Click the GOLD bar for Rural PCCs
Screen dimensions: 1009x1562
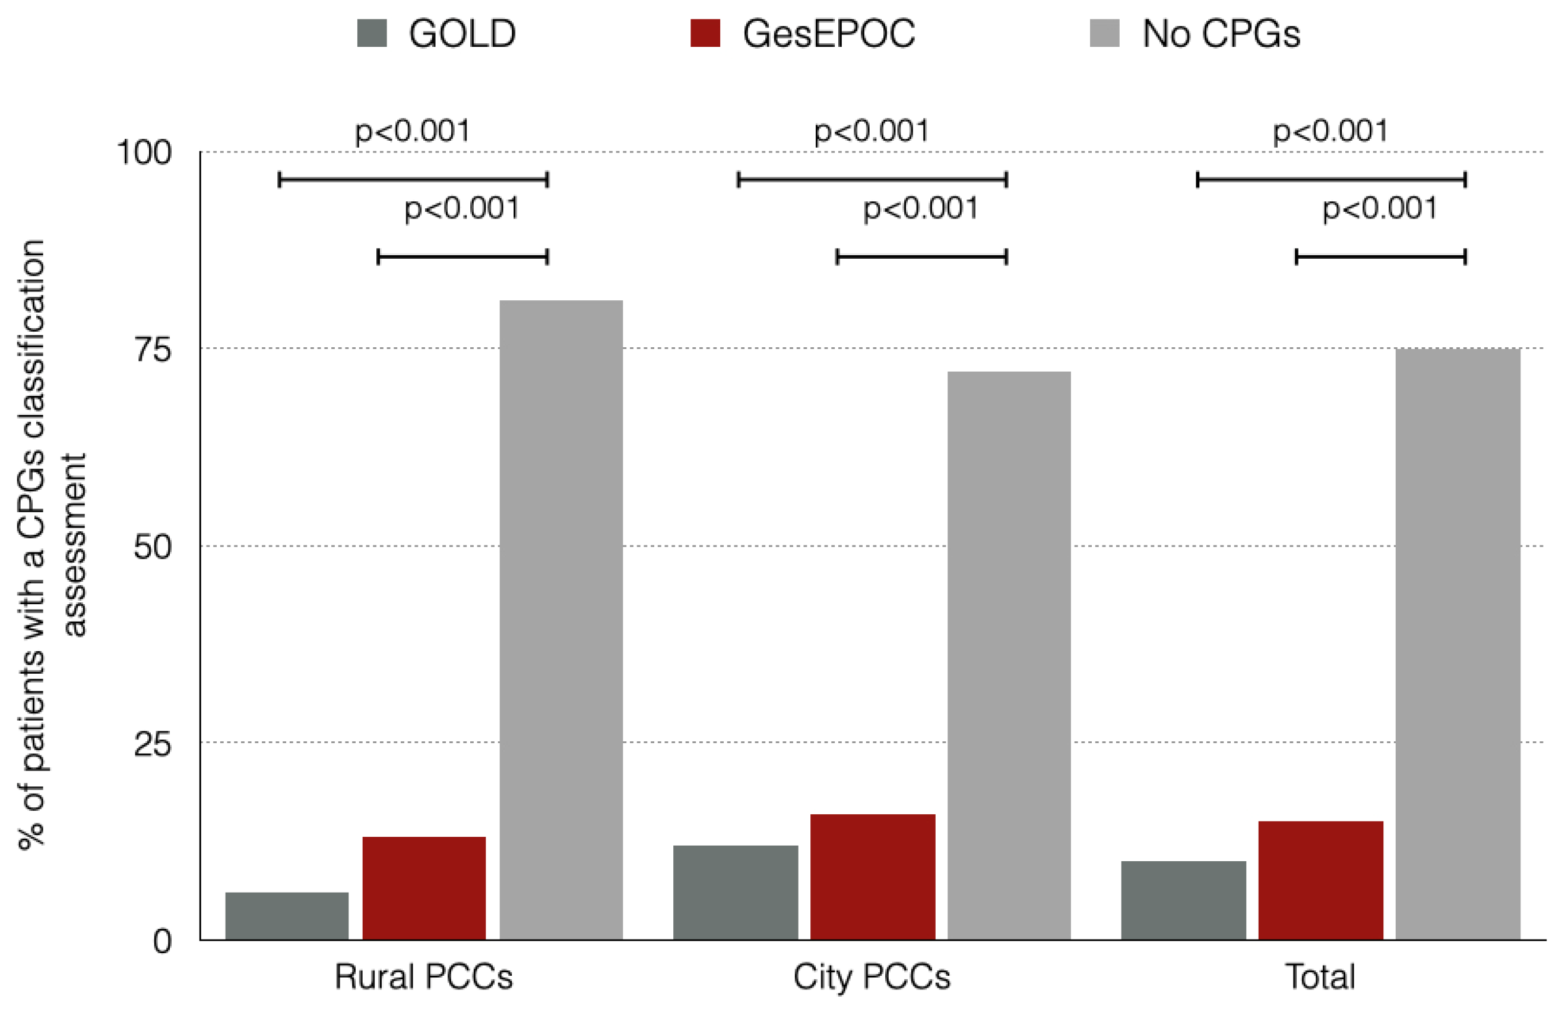pyautogui.click(x=286, y=915)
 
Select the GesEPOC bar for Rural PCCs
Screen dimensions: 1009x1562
pyautogui.click(x=424, y=888)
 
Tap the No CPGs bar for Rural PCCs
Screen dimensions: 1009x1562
pyautogui.click(x=561, y=619)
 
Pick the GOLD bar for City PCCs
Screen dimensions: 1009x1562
pyautogui.click(x=735, y=893)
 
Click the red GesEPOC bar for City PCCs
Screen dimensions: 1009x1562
pyautogui.click(x=872, y=877)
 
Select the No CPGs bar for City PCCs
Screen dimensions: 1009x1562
pyautogui.click(x=1009, y=655)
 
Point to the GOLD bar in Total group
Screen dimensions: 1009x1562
pyautogui.click(x=1183, y=900)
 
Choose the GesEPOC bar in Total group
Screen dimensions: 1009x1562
pyautogui.click(x=1320, y=880)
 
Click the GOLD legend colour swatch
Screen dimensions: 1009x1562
pyautogui.click(x=372, y=33)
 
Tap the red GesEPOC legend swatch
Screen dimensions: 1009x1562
pyautogui.click(x=705, y=33)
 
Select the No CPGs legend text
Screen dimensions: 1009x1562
pyautogui.click(x=1221, y=34)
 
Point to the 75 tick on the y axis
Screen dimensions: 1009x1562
pyautogui.click(x=153, y=350)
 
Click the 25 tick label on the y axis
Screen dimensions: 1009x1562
pyautogui.click(x=153, y=744)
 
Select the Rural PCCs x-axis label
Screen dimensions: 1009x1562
pyautogui.click(x=423, y=977)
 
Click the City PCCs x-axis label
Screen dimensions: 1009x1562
pyautogui.click(x=872, y=977)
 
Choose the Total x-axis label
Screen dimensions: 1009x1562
pyautogui.click(x=1320, y=977)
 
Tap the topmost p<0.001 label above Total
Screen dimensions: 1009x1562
pyautogui.click(x=1330, y=131)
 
